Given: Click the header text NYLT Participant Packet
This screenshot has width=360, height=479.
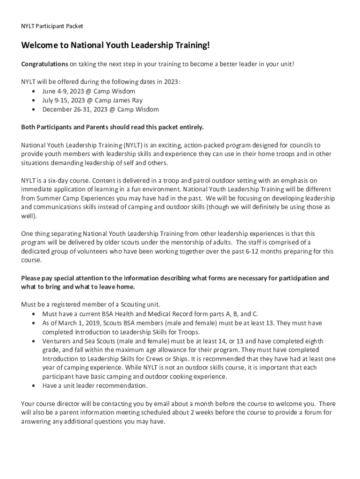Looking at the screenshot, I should point(52,26).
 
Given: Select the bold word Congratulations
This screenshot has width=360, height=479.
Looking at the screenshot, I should point(44,64).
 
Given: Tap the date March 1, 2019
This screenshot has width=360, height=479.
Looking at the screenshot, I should point(73,323).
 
